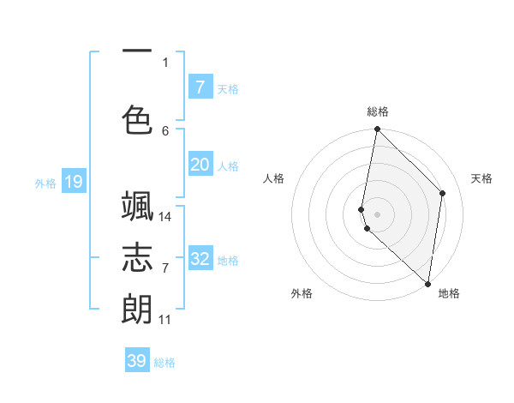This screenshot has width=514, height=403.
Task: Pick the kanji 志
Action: point(137,257)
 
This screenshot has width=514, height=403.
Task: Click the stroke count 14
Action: point(165,217)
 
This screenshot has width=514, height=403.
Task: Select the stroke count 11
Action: point(165,320)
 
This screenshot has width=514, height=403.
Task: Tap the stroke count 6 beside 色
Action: point(165,130)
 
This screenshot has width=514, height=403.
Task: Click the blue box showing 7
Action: point(200,87)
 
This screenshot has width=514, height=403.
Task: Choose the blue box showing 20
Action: point(200,165)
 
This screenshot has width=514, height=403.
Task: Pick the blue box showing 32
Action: point(200,259)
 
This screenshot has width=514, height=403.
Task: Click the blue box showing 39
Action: point(137,361)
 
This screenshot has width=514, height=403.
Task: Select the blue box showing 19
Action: point(74,182)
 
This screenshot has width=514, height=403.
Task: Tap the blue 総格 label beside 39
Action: point(164,363)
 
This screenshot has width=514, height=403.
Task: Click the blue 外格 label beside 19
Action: point(45,183)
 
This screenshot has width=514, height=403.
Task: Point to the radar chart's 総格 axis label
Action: point(378,111)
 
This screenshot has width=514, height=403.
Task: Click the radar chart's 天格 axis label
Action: point(481,178)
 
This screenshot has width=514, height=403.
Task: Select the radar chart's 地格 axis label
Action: point(449,293)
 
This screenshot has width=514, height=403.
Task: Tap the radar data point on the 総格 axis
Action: point(377,129)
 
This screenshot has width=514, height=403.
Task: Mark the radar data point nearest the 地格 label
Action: point(427,284)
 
